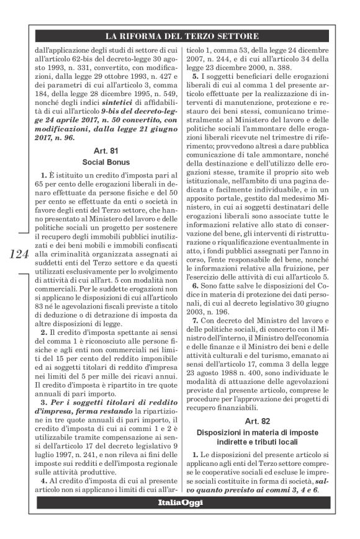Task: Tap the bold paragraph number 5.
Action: [195, 76]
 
